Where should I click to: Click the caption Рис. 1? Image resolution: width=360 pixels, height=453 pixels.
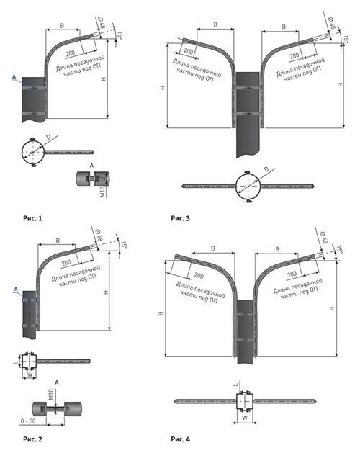(x=32, y=218)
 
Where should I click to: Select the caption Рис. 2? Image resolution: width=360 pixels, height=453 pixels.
(x=32, y=439)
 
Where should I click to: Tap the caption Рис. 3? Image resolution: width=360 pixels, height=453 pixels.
(x=180, y=218)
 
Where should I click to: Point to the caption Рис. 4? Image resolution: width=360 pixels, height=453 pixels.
(x=180, y=439)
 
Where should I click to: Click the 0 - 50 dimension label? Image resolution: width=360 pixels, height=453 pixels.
(x=28, y=421)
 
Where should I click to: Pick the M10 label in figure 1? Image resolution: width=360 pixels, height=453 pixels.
(x=102, y=192)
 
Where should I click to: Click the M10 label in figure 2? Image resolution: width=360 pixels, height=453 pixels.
(x=51, y=395)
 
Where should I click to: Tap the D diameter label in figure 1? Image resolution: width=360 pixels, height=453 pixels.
(x=48, y=137)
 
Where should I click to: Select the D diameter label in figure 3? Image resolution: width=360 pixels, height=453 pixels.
(x=266, y=169)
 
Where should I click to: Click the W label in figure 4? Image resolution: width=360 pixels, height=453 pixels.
(x=244, y=418)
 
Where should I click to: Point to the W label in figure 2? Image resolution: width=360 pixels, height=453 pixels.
(x=30, y=374)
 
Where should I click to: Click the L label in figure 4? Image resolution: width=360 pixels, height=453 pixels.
(x=236, y=384)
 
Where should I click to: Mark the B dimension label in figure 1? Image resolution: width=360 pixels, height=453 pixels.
(x=62, y=26)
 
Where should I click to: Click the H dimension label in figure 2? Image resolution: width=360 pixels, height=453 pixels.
(x=106, y=292)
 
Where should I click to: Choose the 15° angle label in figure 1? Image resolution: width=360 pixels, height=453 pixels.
(x=120, y=35)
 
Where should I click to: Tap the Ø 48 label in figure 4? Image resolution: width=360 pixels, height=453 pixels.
(x=323, y=238)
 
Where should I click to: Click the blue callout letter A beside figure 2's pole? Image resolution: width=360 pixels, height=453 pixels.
(x=16, y=290)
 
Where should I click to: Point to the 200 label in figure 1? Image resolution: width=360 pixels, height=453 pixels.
(x=71, y=53)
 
